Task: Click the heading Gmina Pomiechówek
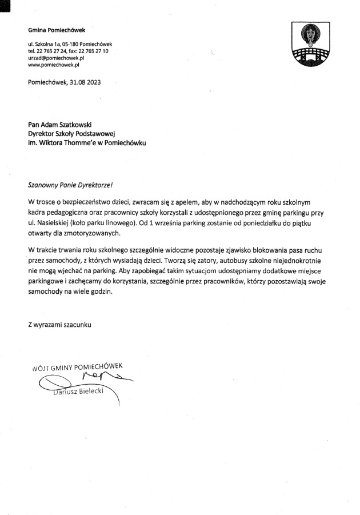click(53, 30)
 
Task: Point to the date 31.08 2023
click(86, 82)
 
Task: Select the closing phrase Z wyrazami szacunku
click(59, 324)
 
